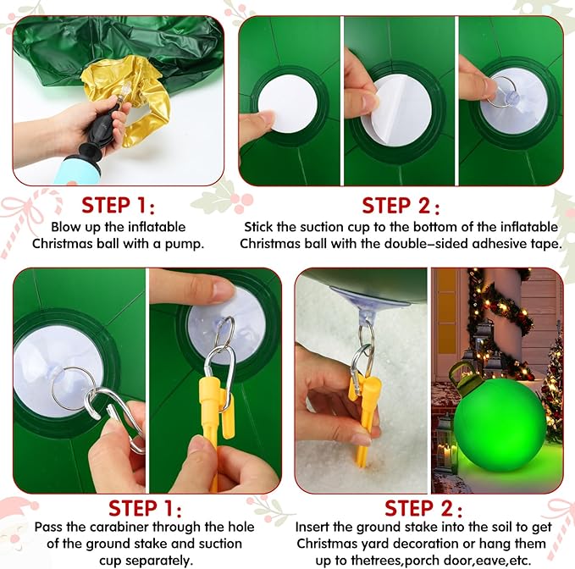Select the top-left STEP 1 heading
[x=118, y=205]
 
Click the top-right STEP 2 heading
[x=401, y=206]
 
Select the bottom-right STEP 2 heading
[x=423, y=509]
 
